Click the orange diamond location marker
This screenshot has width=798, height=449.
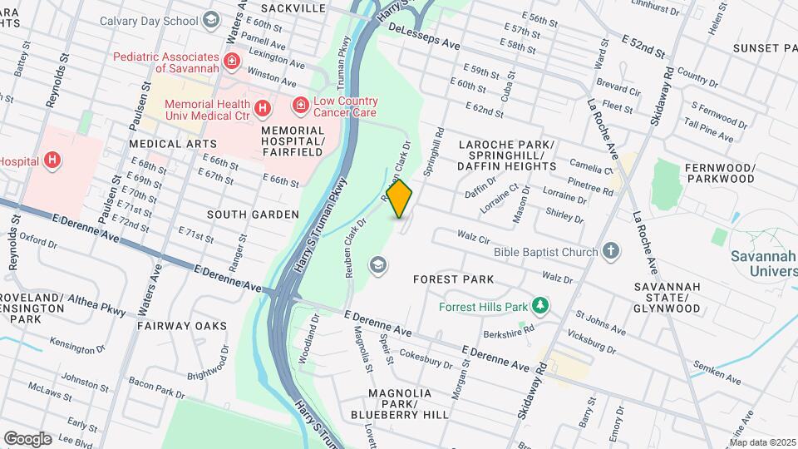[x=400, y=199]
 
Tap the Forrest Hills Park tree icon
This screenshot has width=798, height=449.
[x=540, y=307]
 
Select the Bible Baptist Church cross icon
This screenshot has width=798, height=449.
[x=611, y=251]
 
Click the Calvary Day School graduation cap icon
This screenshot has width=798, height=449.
[x=211, y=20]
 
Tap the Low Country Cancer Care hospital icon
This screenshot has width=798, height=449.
[x=299, y=106]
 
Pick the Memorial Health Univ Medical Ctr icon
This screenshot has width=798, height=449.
[x=263, y=108]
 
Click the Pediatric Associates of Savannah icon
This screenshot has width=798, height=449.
[x=231, y=61]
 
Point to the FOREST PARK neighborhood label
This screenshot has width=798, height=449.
[x=454, y=280]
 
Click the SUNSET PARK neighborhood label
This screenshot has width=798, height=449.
[x=765, y=48]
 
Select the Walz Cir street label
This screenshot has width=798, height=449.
[x=473, y=239]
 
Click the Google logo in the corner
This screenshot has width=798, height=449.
[x=27, y=438]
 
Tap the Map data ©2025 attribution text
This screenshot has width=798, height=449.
[x=762, y=442]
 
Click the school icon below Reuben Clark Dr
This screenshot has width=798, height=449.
[x=379, y=264]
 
